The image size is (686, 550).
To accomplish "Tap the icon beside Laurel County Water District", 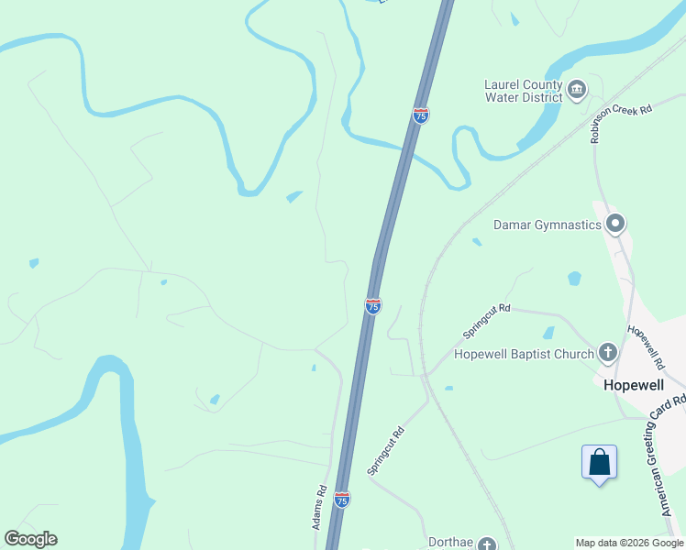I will pyautogui.click(x=577, y=89).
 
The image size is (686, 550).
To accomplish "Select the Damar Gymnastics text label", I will pyautogui.click(x=547, y=224).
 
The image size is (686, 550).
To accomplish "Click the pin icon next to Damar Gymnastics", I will pyautogui.click(x=615, y=223).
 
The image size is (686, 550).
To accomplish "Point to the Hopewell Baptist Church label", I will pyautogui.click(x=524, y=354).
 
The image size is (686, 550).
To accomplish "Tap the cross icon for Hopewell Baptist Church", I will pyautogui.click(x=607, y=352).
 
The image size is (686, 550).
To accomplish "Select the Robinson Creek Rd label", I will pyautogui.click(x=621, y=123).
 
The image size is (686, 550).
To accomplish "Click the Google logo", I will pyautogui.click(x=30, y=539).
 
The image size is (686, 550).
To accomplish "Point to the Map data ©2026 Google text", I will pyautogui.click(x=630, y=543).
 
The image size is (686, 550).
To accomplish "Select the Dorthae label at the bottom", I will pyautogui.click(x=451, y=543).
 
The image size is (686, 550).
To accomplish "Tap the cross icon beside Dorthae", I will pyautogui.click(x=487, y=544).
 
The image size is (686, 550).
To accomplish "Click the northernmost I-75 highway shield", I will pyautogui.click(x=420, y=115).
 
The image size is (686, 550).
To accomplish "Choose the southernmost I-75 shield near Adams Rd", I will pyautogui.click(x=341, y=500).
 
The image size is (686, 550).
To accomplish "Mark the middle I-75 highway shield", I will pyautogui.click(x=372, y=305).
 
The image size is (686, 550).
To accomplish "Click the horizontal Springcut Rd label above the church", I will pyautogui.click(x=485, y=317).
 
